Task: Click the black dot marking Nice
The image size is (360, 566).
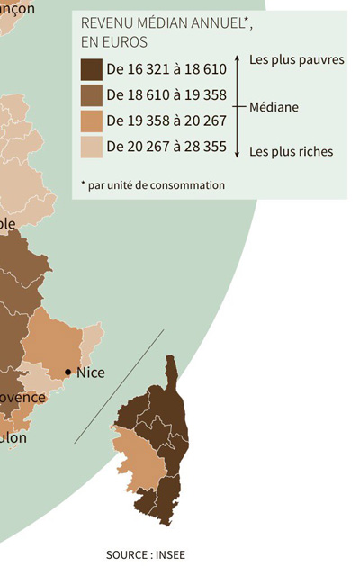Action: point(68,372)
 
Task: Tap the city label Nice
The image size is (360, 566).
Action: point(90,372)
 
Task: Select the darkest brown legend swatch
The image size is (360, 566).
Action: point(91,68)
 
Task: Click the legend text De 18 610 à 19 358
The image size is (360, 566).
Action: point(166,94)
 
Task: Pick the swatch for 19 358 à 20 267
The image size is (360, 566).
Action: point(91,121)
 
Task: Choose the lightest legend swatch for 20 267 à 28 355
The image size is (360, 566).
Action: point(91,147)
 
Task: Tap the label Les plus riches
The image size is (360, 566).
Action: point(290,151)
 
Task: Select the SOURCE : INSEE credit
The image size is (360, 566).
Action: point(145,554)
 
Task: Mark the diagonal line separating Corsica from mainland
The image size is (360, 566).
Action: point(119,387)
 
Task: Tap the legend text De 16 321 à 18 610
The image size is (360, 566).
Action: point(166,68)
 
